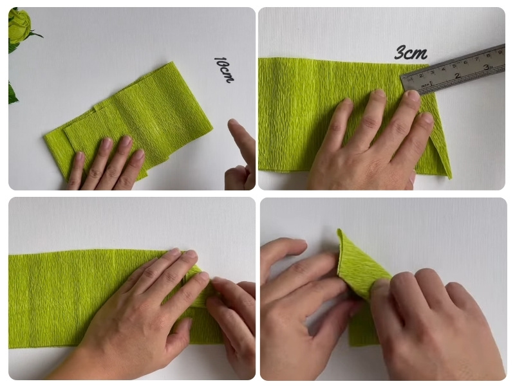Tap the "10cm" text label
tap(224, 69)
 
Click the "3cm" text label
tap(411, 53)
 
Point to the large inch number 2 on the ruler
tap(457, 75)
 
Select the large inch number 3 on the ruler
tap(486, 68)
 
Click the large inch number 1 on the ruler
tap(431, 83)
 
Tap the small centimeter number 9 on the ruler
tap(500, 52)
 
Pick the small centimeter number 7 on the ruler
tap(477, 59)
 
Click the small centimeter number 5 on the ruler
tap(454, 66)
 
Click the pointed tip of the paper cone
tap(339, 230)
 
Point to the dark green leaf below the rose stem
tap(12, 93)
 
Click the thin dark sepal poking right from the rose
tap(36, 33)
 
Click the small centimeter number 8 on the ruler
tap(489, 55)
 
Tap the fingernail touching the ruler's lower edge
tap(413, 95)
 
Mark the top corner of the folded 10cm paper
tap(171, 62)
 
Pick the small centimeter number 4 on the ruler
tap(443, 69)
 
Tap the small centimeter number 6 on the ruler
tap(465, 62)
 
